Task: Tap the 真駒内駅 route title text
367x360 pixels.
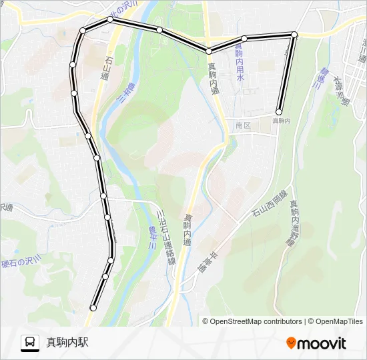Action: click(x=67, y=343)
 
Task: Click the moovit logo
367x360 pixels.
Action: click(x=316, y=343)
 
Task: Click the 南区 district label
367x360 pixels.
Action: click(x=242, y=125)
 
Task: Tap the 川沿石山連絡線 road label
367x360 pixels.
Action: click(x=165, y=237)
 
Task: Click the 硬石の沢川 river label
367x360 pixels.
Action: click(x=22, y=261)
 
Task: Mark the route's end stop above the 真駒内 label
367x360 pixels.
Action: click(x=279, y=112)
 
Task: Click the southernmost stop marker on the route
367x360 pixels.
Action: click(x=93, y=308)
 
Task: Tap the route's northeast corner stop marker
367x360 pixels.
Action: click(x=294, y=34)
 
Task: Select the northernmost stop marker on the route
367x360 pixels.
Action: click(x=110, y=20)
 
